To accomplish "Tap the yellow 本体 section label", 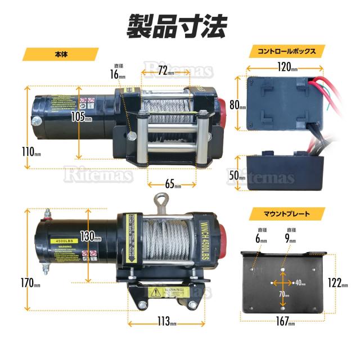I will tap(61, 55).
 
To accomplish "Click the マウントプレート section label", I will tap(286, 214).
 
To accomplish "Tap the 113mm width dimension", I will tap(166, 323).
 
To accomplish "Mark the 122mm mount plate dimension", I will tap(340, 283).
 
